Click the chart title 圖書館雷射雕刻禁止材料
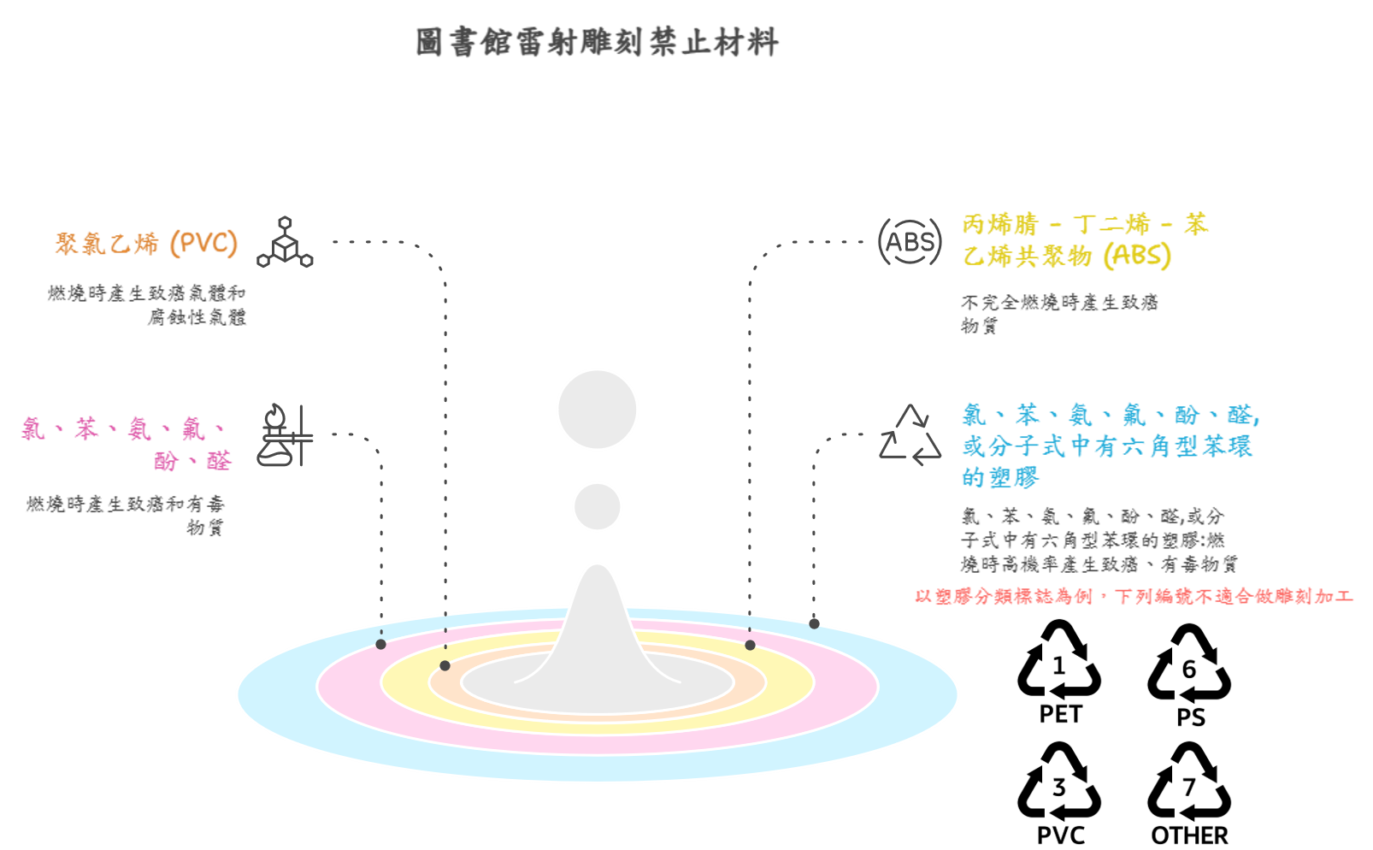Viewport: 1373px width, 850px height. [x=597, y=43]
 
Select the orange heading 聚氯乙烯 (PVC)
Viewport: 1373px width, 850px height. [x=146, y=244]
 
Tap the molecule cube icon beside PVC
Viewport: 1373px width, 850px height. [x=285, y=243]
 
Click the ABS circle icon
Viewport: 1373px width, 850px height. [x=910, y=242]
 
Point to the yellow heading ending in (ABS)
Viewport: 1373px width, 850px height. [x=1084, y=240]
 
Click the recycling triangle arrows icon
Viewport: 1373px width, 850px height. [x=910, y=435]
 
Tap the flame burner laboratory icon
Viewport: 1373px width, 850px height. [x=285, y=435]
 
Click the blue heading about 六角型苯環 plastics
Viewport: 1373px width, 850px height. [x=1110, y=446]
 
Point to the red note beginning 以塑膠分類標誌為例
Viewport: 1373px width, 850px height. [x=1134, y=597]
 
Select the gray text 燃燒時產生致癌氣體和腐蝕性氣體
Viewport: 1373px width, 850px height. [x=147, y=305]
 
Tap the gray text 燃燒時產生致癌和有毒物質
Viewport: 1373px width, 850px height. [x=126, y=516]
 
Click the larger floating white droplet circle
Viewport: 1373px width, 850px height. [x=597, y=410]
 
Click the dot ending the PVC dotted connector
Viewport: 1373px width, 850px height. [x=445, y=665]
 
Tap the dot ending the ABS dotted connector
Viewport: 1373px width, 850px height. [x=750, y=645]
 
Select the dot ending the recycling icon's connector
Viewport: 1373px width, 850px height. [x=814, y=623]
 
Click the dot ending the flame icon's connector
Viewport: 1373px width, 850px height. [x=380, y=644]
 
